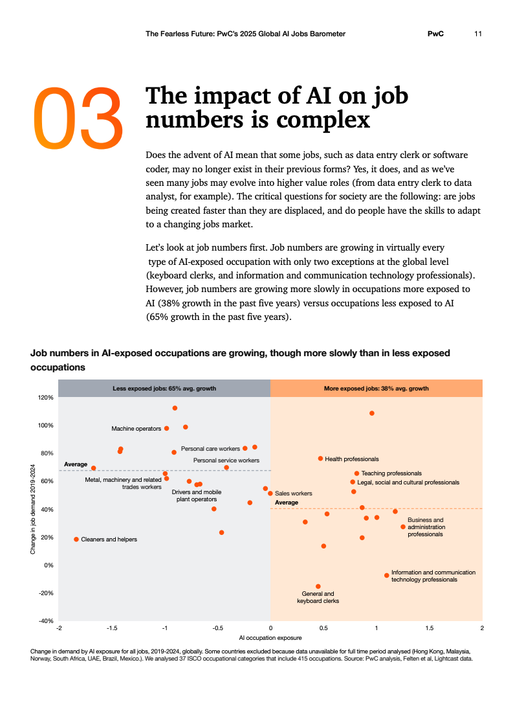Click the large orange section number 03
[78, 116]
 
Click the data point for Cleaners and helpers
[76, 539]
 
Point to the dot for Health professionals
[320, 459]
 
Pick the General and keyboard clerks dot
[318, 586]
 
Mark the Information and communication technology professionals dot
[387, 575]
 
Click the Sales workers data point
[270, 493]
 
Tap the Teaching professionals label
[391, 473]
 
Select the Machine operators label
[136, 429]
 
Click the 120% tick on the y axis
[45, 398]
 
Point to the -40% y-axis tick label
[45, 621]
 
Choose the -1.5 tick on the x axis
[112, 628]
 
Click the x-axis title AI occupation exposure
[270, 638]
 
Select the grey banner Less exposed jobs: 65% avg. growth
[164, 389]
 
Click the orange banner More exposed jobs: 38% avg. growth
[376, 389]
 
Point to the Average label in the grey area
[76, 464]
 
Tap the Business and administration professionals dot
[403, 527]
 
